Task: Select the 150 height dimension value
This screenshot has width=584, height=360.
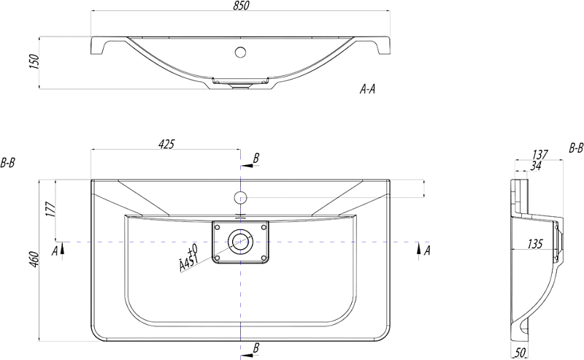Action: pos(34,62)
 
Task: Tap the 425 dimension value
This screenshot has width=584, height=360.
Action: pos(166,145)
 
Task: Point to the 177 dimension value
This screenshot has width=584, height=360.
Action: pos(50,210)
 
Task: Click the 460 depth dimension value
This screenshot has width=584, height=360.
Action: pos(34,260)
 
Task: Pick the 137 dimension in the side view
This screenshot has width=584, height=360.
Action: pos(540,154)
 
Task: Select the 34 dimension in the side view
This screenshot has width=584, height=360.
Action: pos(536,166)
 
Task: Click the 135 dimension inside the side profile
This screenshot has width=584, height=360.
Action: pos(535,244)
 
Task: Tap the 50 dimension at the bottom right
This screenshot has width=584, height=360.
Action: pos(520,352)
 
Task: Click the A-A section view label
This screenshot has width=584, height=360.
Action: pos(367,89)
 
